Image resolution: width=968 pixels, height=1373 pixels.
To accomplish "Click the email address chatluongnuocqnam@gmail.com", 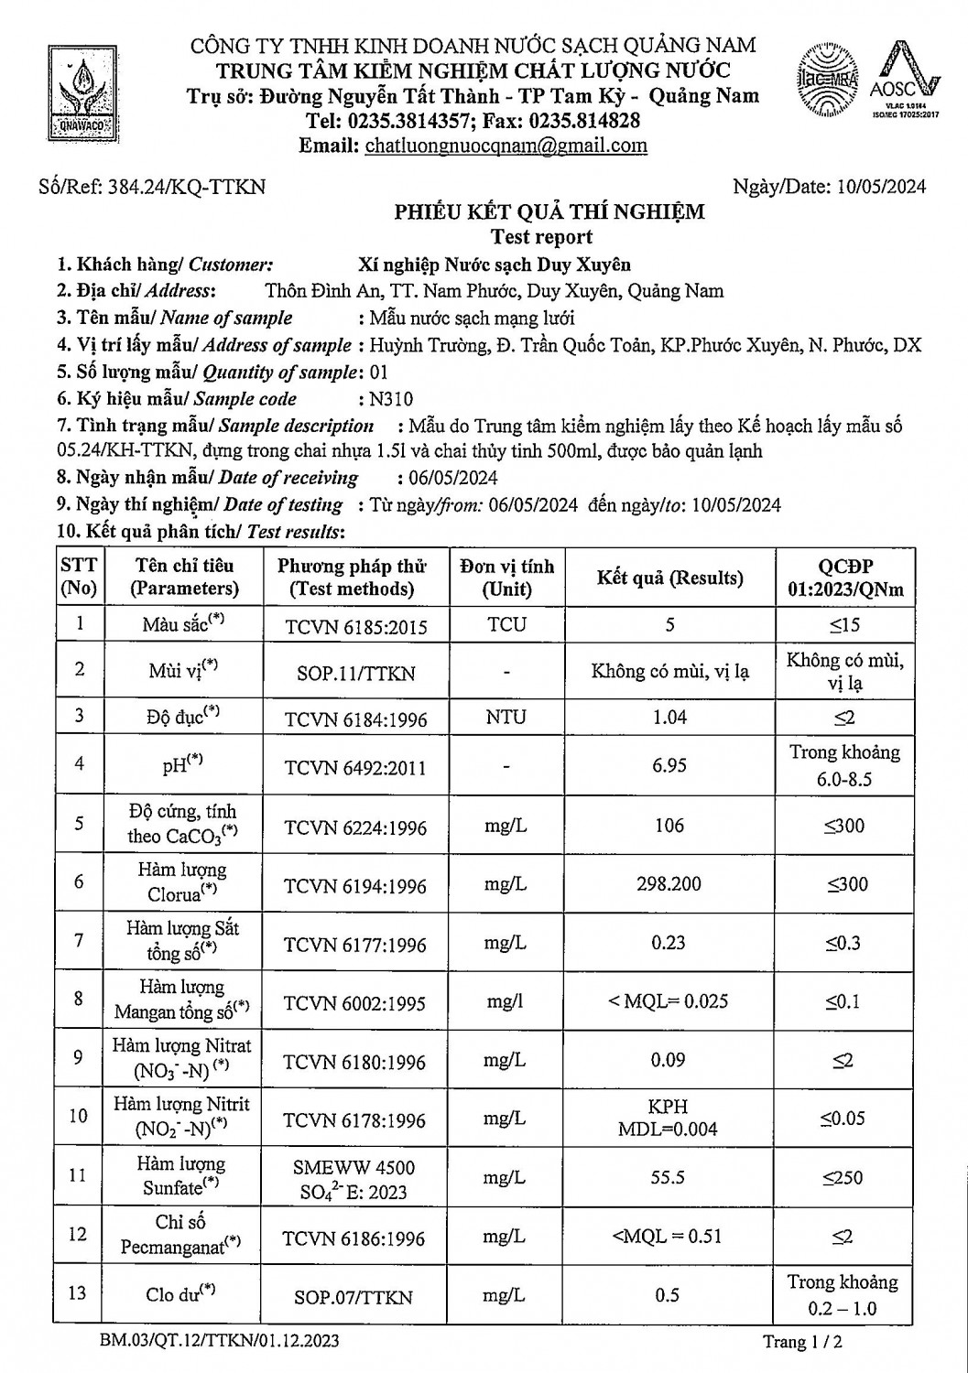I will click(506, 146).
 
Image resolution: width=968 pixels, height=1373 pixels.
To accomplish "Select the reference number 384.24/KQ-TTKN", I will click(187, 187).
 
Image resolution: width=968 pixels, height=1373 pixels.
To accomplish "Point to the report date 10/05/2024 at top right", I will click(881, 187).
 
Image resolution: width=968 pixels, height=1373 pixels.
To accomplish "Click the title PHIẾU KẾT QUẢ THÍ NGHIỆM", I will click(549, 212).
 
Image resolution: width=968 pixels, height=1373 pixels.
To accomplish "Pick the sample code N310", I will click(390, 399).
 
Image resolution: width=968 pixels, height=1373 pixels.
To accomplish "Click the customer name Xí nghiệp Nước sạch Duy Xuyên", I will click(494, 265).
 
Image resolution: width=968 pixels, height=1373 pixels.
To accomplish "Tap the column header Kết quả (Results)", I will click(669, 578).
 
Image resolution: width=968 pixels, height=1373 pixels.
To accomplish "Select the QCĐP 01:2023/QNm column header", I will click(844, 578).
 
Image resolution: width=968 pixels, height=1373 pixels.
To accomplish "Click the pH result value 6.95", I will click(669, 765).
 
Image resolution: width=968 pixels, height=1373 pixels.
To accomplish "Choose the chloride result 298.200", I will click(669, 884).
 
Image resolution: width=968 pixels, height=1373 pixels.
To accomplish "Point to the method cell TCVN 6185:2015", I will click(355, 627).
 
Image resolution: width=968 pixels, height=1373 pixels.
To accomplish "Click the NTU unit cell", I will click(506, 717).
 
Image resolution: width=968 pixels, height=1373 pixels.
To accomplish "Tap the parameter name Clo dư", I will click(180, 1294).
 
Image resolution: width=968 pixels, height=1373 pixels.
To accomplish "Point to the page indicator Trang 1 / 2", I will click(802, 1343).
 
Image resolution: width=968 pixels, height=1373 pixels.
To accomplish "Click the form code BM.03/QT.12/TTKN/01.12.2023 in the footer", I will click(220, 1341).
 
